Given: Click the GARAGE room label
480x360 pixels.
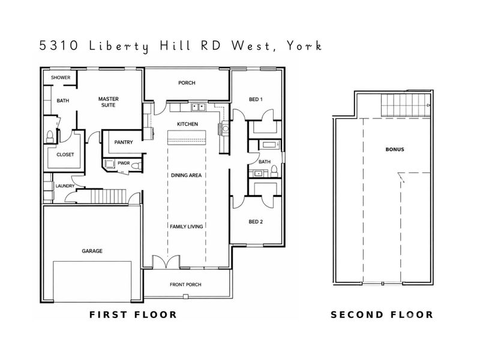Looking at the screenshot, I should coord(91,251).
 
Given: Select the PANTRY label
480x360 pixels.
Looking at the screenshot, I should coord(123,142).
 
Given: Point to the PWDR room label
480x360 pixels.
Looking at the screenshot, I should coord(124,163).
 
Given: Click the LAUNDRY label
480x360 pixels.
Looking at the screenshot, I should coord(64,186).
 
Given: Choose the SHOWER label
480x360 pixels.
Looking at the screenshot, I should coord(61,77).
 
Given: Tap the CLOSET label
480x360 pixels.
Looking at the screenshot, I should coord(65,154).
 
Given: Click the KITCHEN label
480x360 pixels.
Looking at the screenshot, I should coord(187,124).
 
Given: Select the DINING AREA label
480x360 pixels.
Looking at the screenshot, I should coord(186,175).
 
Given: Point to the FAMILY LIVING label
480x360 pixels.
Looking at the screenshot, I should coord(186,226).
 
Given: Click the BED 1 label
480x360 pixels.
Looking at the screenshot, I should coord(256,99).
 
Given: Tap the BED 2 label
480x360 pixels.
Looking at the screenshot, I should coord(256,221).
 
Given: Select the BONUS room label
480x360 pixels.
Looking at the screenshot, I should coord(395,149).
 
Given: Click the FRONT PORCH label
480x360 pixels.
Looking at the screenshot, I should coord(186,284).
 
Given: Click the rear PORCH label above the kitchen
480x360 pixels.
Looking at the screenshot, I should coord(187,83).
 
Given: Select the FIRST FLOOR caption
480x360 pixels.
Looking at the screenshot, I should coord(133,314).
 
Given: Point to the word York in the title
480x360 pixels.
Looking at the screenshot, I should coord(304,46).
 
